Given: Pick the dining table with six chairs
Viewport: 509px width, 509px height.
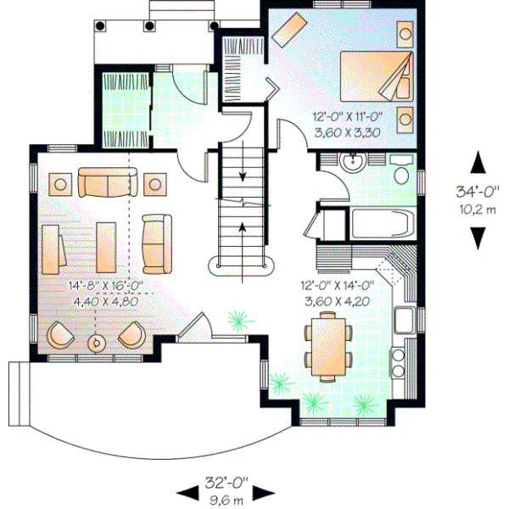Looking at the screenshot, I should click(328, 344).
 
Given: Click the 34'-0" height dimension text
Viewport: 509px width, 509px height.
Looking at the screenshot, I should click(478, 191).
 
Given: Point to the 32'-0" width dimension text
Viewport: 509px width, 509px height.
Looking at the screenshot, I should click(226, 484).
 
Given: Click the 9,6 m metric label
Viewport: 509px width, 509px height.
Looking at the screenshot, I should click(226, 500).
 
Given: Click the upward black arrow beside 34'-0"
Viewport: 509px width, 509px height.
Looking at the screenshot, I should click(478, 162).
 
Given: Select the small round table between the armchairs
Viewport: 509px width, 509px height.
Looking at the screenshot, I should click(97, 342).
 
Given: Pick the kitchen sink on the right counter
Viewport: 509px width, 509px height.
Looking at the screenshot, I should click(404, 321).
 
